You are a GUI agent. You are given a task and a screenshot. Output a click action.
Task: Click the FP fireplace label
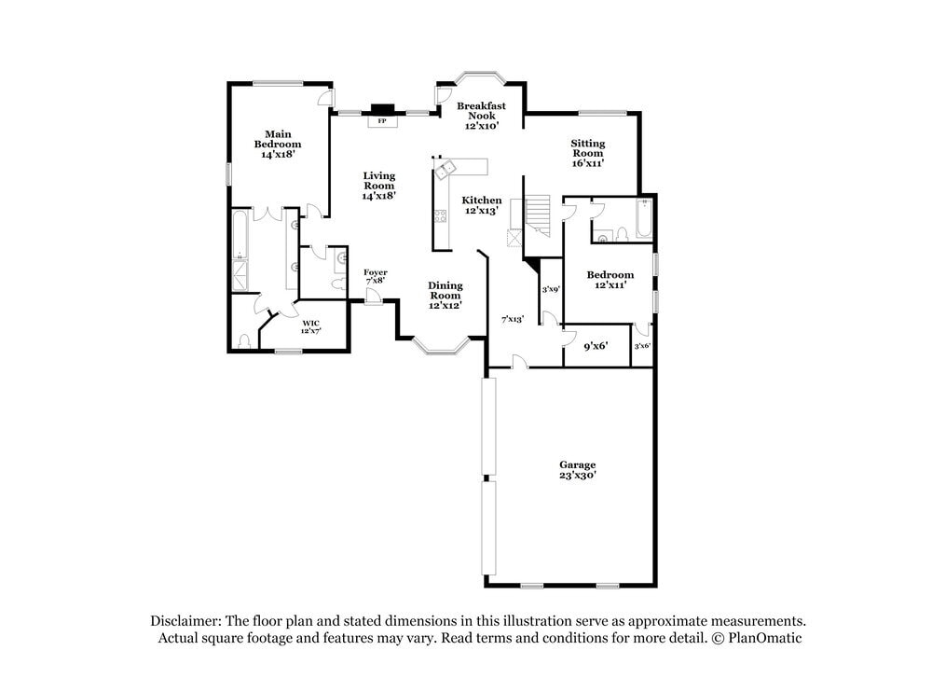pyautogui.click(x=380, y=121)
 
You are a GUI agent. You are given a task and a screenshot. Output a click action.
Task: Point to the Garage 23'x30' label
pyautogui.click(x=577, y=470)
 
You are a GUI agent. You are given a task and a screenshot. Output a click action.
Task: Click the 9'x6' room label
pyautogui.click(x=596, y=345)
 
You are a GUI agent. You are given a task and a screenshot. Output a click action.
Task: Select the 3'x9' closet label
pyautogui.click(x=551, y=290)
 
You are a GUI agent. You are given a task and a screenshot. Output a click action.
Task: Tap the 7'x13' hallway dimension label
pyautogui.click(x=513, y=320)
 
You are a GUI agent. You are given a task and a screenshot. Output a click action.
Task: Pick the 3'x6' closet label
pyautogui.click(x=642, y=346)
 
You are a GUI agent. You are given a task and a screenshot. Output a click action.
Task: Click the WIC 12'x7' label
pyautogui.click(x=310, y=327)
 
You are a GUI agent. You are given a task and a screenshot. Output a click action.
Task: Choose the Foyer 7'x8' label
pyautogui.click(x=375, y=276)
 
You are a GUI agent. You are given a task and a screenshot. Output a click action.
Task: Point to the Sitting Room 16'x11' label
pyautogui.click(x=588, y=153)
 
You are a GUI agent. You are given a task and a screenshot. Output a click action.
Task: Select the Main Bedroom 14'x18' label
pyautogui.click(x=278, y=145)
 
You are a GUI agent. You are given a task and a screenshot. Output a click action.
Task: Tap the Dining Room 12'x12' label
pyautogui.click(x=445, y=296)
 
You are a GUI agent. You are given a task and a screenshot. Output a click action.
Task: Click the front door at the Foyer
pyautogui.click(x=373, y=296)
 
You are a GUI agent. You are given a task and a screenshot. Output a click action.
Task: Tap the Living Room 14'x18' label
pyautogui.click(x=379, y=186)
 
